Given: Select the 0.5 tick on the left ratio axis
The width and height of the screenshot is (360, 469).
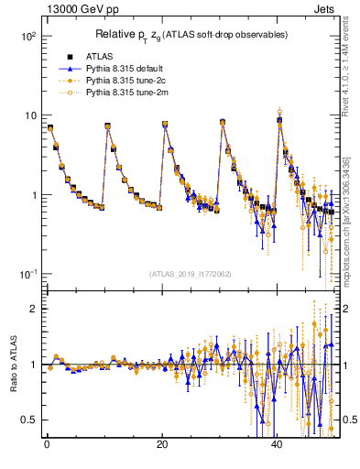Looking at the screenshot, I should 26,420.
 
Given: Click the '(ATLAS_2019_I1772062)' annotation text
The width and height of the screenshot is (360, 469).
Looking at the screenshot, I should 191,273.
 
